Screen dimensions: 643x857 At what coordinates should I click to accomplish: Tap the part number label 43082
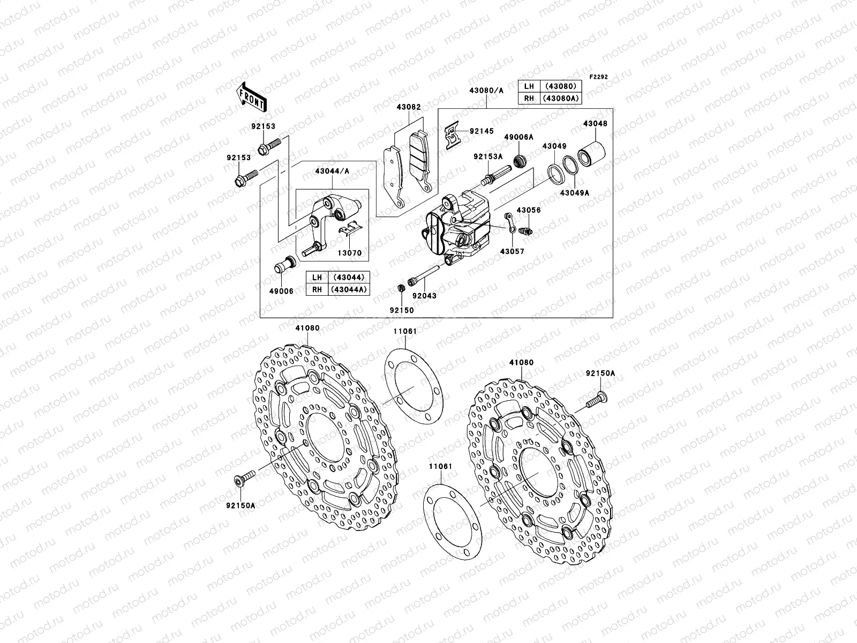point(409,107)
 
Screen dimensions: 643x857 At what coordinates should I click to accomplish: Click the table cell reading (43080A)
point(562,98)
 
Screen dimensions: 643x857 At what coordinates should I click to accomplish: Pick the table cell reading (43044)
point(348,278)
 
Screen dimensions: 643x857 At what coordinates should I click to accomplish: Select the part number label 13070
point(349,253)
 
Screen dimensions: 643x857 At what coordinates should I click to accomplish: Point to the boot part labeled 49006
point(284,266)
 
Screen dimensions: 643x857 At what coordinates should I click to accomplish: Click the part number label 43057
point(513,251)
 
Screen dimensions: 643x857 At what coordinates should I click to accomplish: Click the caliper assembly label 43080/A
point(486,91)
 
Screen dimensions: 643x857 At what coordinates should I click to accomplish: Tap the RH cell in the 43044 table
point(318,289)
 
